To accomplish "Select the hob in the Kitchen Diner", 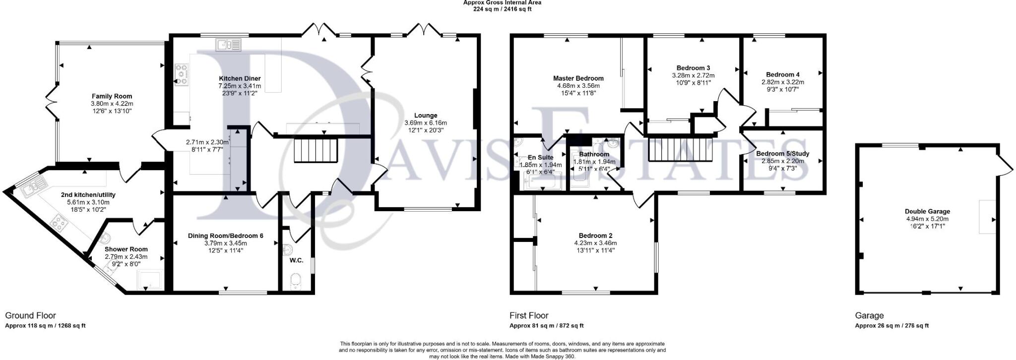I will click(181, 74).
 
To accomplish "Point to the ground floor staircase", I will click(316, 151).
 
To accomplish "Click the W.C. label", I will click(296, 260).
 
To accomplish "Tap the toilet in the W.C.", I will click(296, 281).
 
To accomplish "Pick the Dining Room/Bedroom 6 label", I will click(225, 236).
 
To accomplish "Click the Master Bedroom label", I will click(578, 78).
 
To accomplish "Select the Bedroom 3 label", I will click(693, 68).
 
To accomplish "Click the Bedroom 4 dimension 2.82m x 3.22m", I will click(782, 82).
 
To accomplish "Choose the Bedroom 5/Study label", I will click(782, 154).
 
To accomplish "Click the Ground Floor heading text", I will click(30, 315).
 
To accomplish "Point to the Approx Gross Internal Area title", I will click(502, 2).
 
